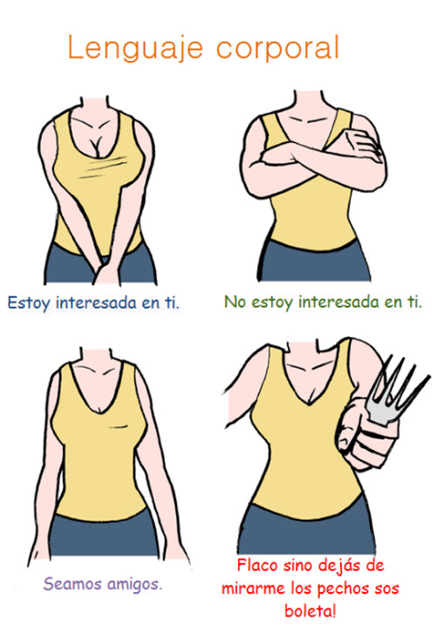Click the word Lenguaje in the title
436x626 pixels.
click(135, 48)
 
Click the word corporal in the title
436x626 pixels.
click(278, 47)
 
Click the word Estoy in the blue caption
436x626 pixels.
click(29, 303)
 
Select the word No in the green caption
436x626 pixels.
click(235, 302)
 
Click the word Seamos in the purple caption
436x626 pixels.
click(72, 583)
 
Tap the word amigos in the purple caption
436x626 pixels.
click(135, 585)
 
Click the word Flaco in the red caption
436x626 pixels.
click(257, 565)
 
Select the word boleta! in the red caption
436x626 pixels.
click(310, 611)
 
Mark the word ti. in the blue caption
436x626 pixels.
click(173, 303)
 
